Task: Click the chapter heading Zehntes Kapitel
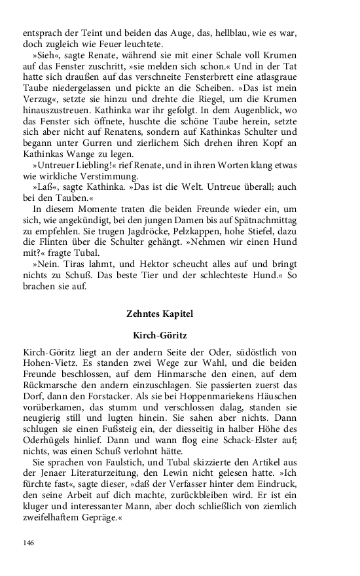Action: pos(160,314)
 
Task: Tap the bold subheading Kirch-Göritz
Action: pos(160,335)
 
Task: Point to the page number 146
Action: pos(28,543)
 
